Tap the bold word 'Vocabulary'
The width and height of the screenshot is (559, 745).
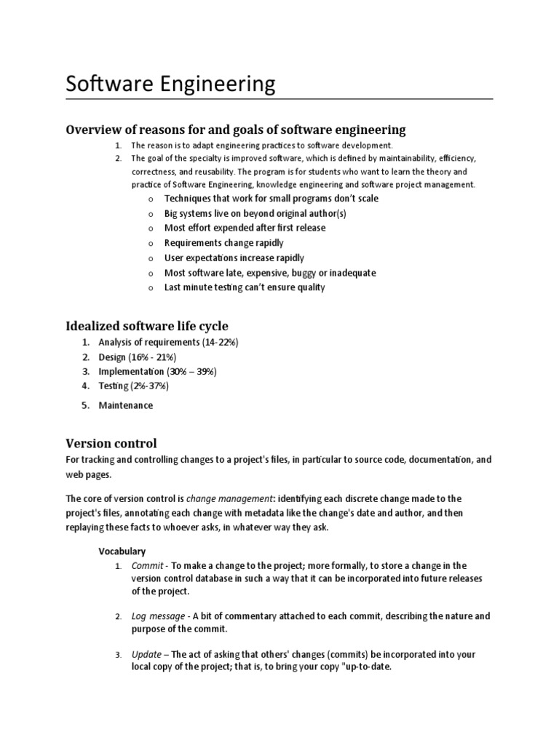(122, 551)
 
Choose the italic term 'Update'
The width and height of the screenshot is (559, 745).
(146, 655)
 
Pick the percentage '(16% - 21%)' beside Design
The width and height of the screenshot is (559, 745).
(151, 357)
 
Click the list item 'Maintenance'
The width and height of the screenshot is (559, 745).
(126, 405)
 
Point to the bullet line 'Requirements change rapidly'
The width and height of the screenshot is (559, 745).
(224, 243)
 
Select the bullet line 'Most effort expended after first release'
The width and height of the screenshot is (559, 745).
(245, 228)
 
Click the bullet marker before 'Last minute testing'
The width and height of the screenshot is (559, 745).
(148, 288)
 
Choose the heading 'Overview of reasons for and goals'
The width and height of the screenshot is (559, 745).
(236, 130)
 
